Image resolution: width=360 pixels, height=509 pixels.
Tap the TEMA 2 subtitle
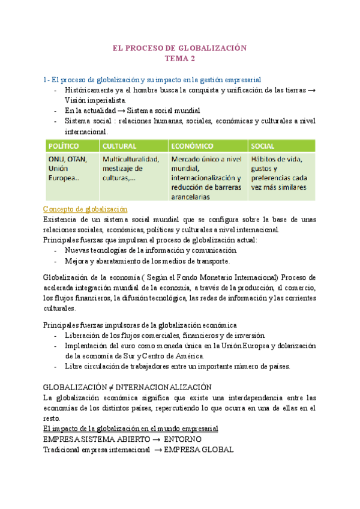[180, 58]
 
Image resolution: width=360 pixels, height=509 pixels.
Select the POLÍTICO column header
[64, 146]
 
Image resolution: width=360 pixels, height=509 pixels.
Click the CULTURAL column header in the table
[119, 146]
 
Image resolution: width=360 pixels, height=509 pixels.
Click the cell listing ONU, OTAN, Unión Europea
[68, 169]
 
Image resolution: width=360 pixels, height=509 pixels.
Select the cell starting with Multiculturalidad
[130, 169]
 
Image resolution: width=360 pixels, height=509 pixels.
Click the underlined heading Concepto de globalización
[85, 209]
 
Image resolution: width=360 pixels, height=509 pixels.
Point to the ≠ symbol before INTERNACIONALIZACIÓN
[115, 387]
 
